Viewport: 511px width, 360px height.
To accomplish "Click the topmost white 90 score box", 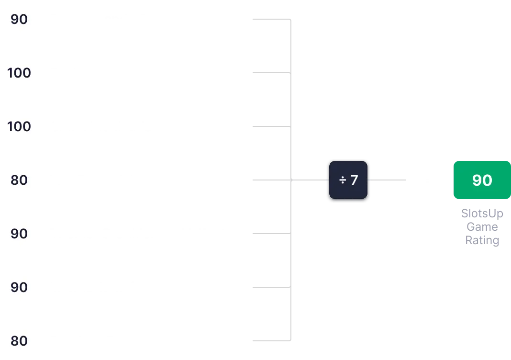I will point(19,20).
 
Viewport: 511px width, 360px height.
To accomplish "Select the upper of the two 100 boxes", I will point(19,73).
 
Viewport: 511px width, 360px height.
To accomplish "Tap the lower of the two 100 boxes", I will point(19,127).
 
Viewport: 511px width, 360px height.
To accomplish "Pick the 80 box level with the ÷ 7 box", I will point(19,180).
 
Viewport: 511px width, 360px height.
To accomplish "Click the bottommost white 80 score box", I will point(19,341).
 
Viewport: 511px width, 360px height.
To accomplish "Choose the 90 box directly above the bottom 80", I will point(19,288).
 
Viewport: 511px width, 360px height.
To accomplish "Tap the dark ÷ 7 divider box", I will point(348,180).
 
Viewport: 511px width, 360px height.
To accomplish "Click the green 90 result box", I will point(481,180).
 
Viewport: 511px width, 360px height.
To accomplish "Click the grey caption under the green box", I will point(482,227).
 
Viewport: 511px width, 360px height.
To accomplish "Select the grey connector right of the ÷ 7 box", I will point(388,180).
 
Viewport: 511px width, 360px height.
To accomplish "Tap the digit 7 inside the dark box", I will point(354,180).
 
